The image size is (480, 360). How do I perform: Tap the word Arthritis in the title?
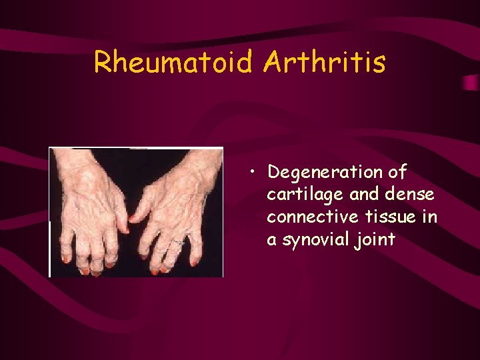[324, 62]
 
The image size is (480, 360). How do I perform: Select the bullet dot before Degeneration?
[254, 175]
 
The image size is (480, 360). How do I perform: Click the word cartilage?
[297, 195]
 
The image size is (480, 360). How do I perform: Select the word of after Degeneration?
[397, 173]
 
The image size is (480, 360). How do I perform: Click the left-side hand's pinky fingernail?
[66, 259]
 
